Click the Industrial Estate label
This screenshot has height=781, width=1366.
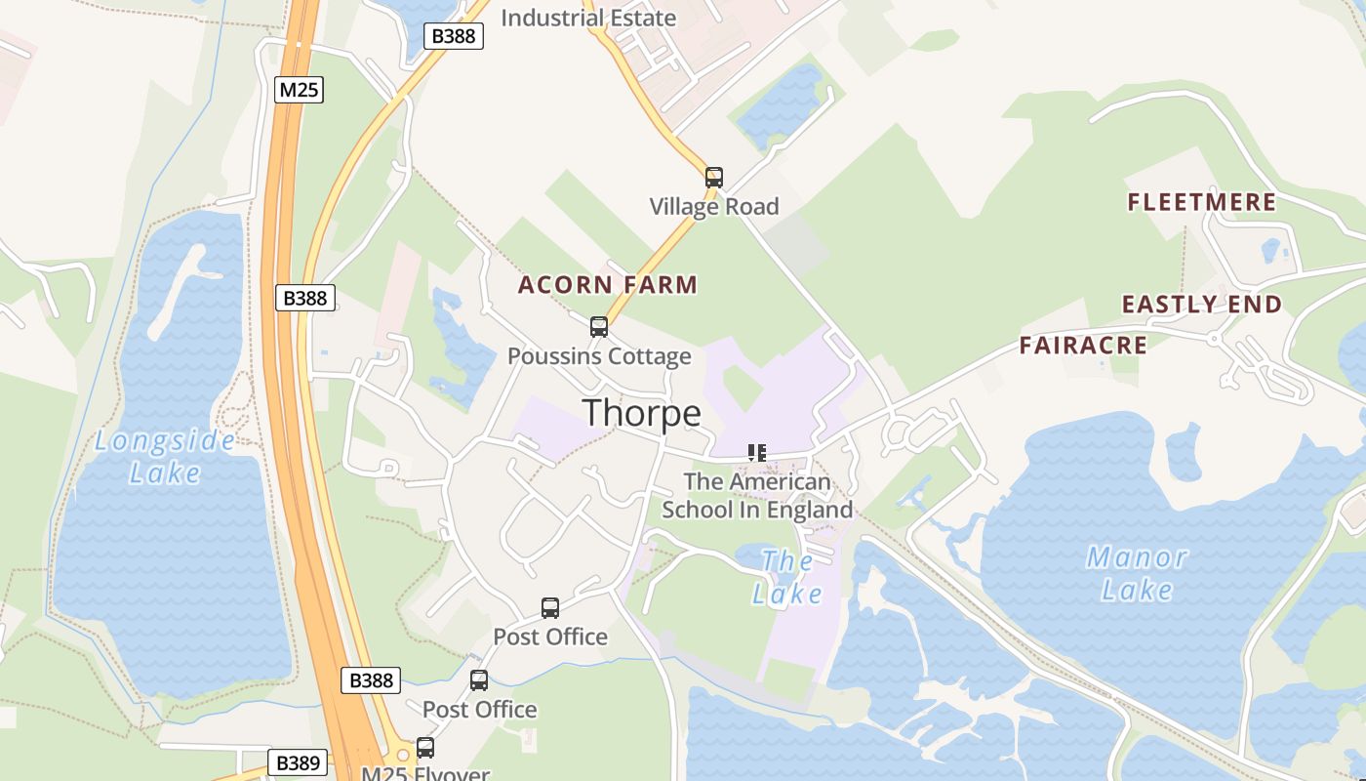[x=587, y=18]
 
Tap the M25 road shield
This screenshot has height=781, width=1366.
[x=299, y=90]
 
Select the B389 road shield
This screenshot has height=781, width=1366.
[x=297, y=762]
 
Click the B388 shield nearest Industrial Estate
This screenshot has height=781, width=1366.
[x=454, y=36]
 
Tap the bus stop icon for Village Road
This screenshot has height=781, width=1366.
[x=714, y=177]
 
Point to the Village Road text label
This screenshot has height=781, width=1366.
[x=714, y=206]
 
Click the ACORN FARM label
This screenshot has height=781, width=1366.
[x=608, y=285]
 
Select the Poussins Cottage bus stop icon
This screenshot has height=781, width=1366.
[x=599, y=327]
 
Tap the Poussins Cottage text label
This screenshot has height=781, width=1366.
[x=599, y=356]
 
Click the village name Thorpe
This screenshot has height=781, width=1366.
[x=642, y=413]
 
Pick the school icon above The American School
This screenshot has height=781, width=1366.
[x=757, y=452]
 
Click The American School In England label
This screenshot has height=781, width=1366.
[x=757, y=496]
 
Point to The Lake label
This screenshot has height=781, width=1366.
[x=786, y=577]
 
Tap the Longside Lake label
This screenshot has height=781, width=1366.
[x=165, y=457]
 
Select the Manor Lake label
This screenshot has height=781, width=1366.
[x=1137, y=573]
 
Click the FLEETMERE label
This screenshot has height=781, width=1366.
[x=1202, y=202]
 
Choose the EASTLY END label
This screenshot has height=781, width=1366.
[x=1202, y=305]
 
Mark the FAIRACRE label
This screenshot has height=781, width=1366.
[x=1083, y=345]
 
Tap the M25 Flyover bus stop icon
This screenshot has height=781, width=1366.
[x=425, y=748]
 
